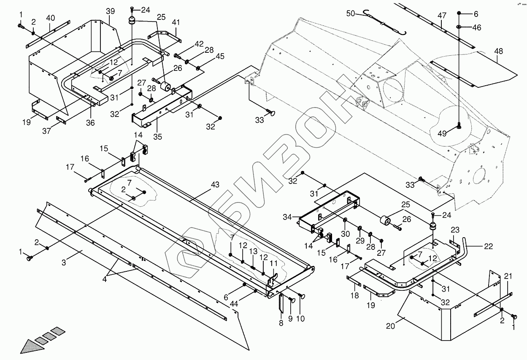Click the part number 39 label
click(x=110, y=11)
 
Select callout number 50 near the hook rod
click(x=351, y=14)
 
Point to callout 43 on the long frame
click(x=215, y=185)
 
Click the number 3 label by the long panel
click(x=64, y=263)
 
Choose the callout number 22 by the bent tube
click(x=488, y=246)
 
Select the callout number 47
click(x=442, y=16)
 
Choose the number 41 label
click(x=176, y=22)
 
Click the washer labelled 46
click(x=459, y=28)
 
